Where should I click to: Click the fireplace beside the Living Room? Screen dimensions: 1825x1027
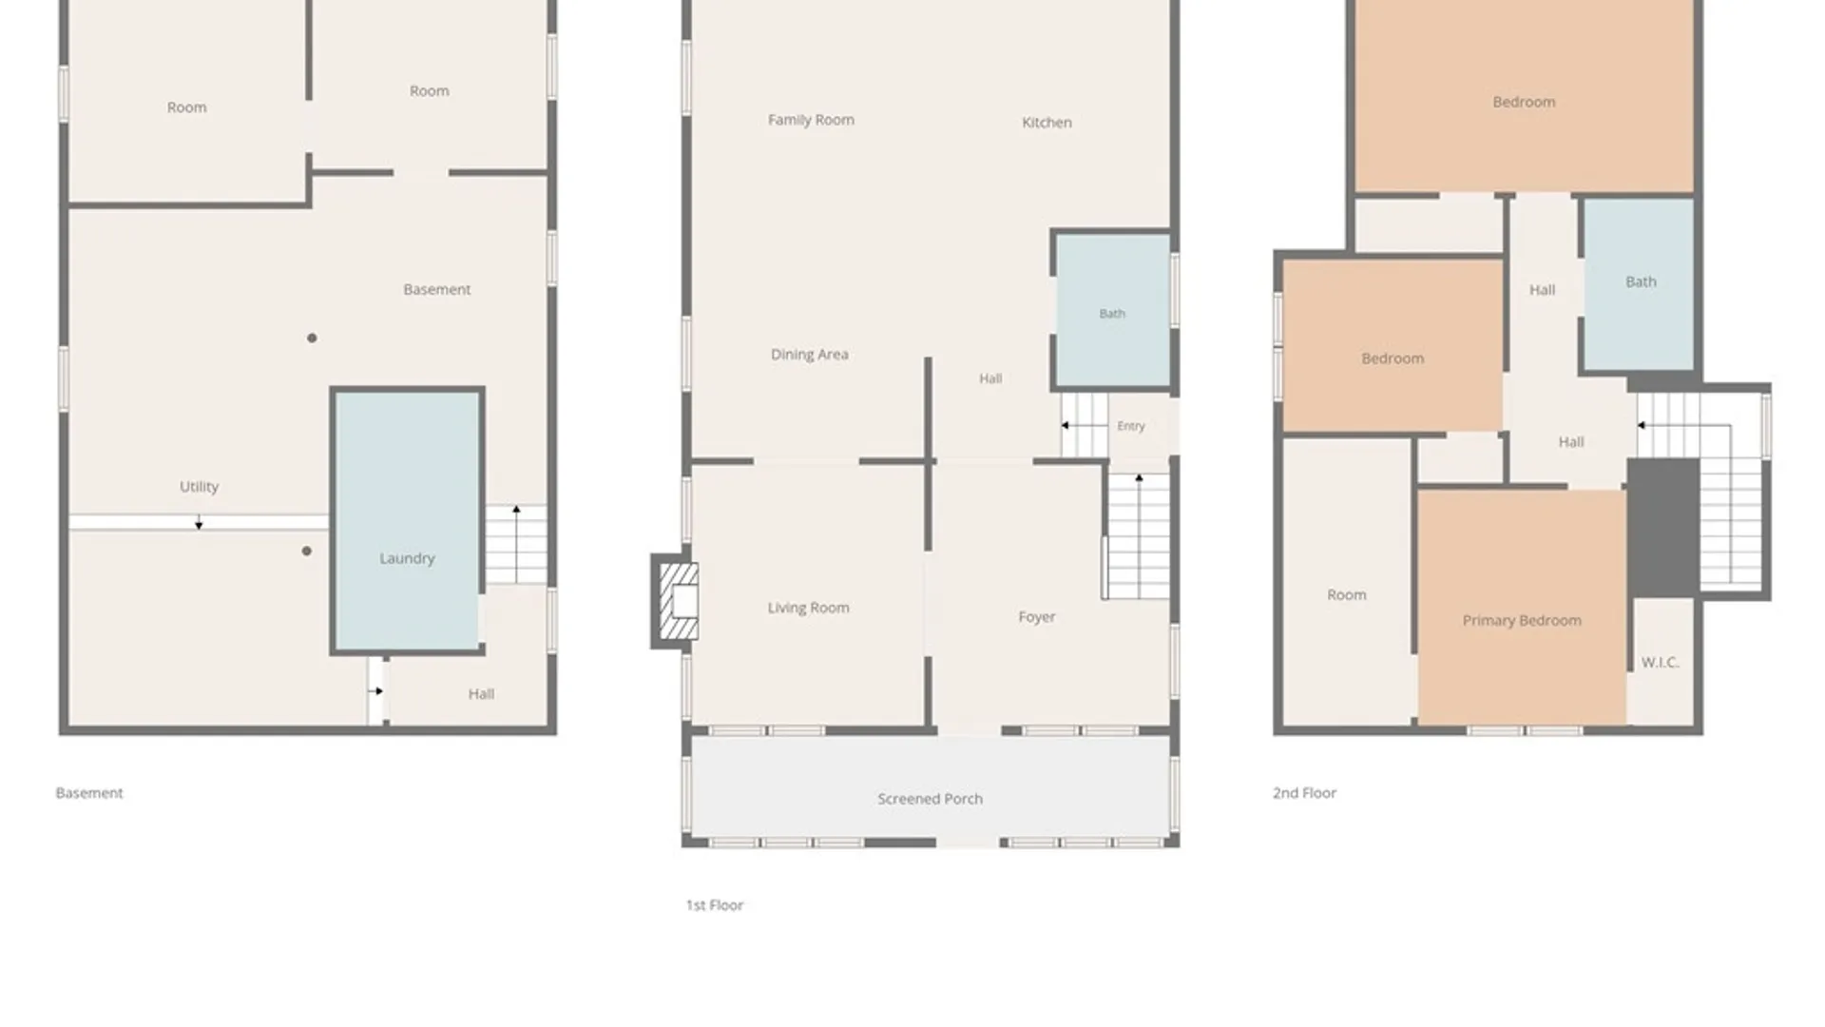pyautogui.click(x=676, y=601)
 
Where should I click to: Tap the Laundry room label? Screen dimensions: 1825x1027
pyautogui.click(x=407, y=558)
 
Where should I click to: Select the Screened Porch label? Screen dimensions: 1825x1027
pyautogui.click(x=930, y=799)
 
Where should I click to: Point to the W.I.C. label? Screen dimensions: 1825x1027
pyautogui.click(x=1660, y=662)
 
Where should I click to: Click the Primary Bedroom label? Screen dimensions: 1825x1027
pyautogui.click(x=1522, y=621)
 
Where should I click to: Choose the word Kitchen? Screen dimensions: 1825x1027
pyautogui.click(x=1047, y=123)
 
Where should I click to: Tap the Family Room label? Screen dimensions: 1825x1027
pyautogui.click(x=811, y=120)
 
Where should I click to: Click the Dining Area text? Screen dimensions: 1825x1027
pyautogui.click(x=810, y=355)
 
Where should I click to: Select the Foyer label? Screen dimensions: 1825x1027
pyautogui.click(x=1037, y=617)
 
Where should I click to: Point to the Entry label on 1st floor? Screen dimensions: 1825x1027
pyautogui.click(x=1131, y=426)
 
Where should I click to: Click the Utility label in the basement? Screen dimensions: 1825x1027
pyautogui.click(x=199, y=487)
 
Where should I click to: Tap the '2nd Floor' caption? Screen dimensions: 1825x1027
pyautogui.click(x=1304, y=793)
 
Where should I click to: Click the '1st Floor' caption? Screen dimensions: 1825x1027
pyautogui.click(x=715, y=905)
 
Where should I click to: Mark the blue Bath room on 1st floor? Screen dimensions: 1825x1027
pyautogui.click(x=1113, y=311)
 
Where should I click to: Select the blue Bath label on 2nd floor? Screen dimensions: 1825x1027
pyautogui.click(x=1641, y=281)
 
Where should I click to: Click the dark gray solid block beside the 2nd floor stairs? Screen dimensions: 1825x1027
pyautogui.click(x=1663, y=528)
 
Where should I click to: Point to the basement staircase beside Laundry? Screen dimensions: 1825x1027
pyautogui.click(x=516, y=544)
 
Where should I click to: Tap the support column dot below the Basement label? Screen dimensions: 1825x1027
pyautogui.click(x=312, y=338)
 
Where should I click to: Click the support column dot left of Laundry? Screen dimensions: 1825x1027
pyautogui.click(x=306, y=551)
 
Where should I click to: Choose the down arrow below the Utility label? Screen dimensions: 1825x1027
pyautogui.click(x=199, y=523)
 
